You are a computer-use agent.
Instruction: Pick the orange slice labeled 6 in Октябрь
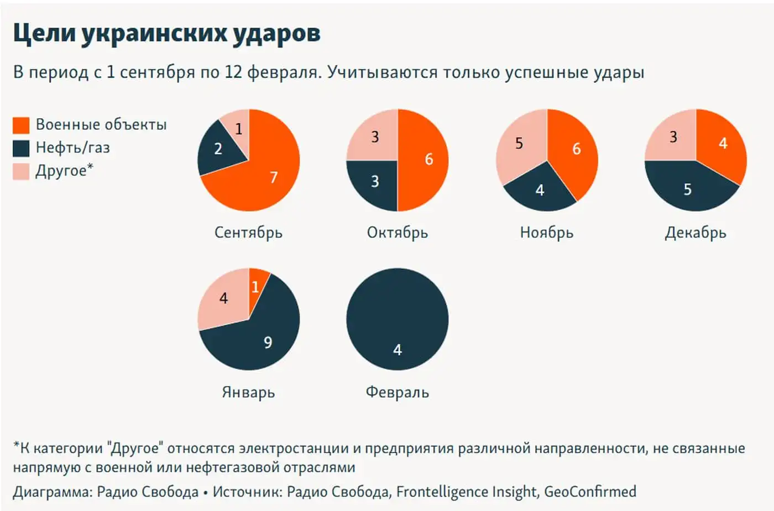pos(426,160)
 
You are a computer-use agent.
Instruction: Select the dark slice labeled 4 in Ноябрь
pos(540,191)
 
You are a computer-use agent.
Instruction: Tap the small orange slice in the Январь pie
pos(256,285)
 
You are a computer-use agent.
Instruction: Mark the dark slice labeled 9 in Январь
pos(268,340)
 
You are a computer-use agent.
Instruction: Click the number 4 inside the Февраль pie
pos(397,350)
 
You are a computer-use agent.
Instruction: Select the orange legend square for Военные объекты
pos(21,125)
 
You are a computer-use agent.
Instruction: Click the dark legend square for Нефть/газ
pos(21,148)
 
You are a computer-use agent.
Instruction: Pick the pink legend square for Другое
pos(21,171)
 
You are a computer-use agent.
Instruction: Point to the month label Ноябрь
pos(546,233)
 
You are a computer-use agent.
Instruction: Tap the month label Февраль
pos(397,392)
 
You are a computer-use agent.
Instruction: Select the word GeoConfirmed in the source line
pos(590,492)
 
